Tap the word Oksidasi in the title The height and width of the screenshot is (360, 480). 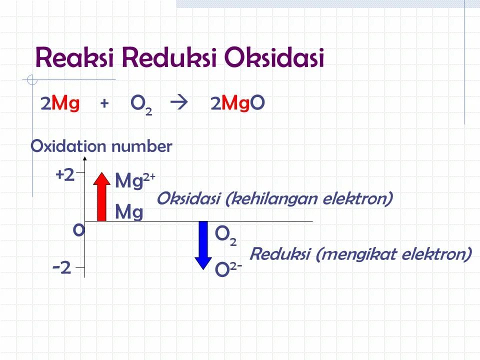pyautogui.click(x=274, y=58)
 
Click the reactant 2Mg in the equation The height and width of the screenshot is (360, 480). pyautogui.click(x=60, y=103)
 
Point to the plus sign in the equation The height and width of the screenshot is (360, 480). pyautogui.click(x=104, y=103)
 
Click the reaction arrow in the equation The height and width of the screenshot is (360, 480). pyautogui.click(x=177, y=103)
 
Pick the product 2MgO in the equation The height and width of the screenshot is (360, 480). pyautogui.click(x=237, y=103)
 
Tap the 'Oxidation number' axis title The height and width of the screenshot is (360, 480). pyautogui.click(x=101, y=146)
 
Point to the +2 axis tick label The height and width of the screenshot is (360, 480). pyautogui.click(x=65, y=174)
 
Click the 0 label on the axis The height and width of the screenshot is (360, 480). pyautogui.click(x=78, y=230)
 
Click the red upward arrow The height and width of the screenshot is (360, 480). pyautogui.click(x=102, y=196)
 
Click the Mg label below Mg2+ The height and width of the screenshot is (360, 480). pyautogui.click(x=129, y=212)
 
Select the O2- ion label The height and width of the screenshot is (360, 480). pyautogui.click(x=228, y=269)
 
